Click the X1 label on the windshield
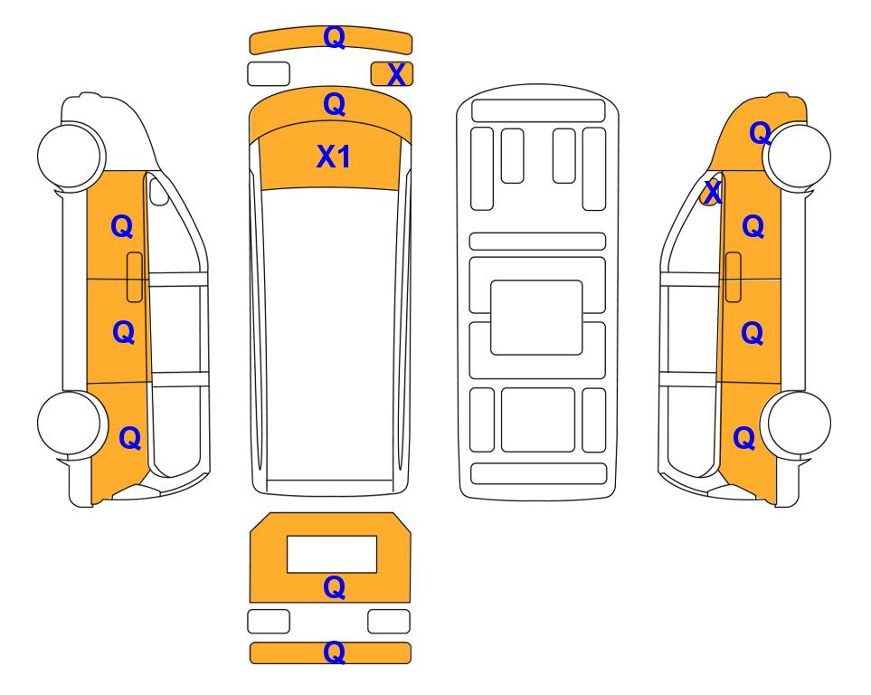[x=333, y=157]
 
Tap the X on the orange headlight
[x=396, y=74]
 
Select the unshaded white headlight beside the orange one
[x=269, y=74]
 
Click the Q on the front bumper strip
[x=335, y=37]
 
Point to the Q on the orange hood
[x=335, y=105]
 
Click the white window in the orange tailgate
[x=332, y=555]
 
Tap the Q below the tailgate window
[x=335, y=587]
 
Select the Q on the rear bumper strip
[x=335, y=652]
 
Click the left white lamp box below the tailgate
[x=269, y=621]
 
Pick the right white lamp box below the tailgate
[x=389, y=621]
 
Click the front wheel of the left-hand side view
[x=71, y=155]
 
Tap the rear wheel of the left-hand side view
[x=71, y=424]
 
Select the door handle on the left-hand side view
[x=135, y=277]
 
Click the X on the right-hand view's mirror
[x=713, y=193]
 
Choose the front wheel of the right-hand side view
[x=798, y=155]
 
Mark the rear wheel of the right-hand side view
[x=798, y=424]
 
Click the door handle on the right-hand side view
[x=734, y=277]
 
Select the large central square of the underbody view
[x=536, y=318]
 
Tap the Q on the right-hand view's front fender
[x=761, y=133]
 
